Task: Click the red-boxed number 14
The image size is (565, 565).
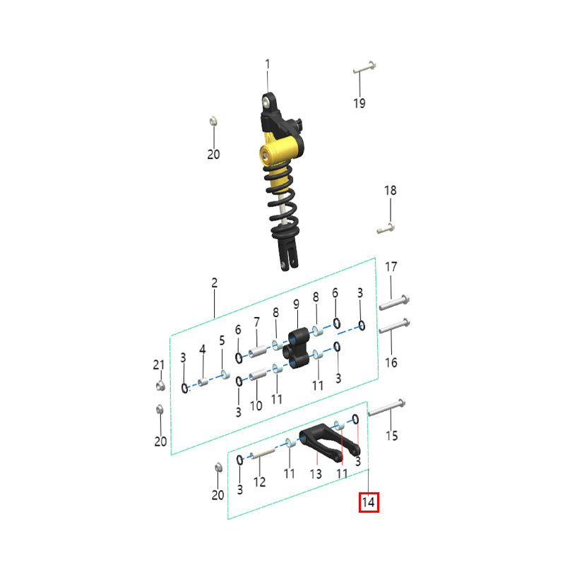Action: click(369, 502)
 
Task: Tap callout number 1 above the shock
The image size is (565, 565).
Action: click(268, 64)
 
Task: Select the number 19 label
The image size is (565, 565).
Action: click(359, 103)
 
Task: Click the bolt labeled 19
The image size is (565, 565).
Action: click(364, 68)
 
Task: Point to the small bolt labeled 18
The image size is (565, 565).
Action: click(386, 228)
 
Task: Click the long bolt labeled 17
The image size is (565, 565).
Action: click(394, 303)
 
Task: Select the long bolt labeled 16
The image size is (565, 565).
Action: click(394, 326)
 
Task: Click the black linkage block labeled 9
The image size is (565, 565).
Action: click(296, 348)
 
